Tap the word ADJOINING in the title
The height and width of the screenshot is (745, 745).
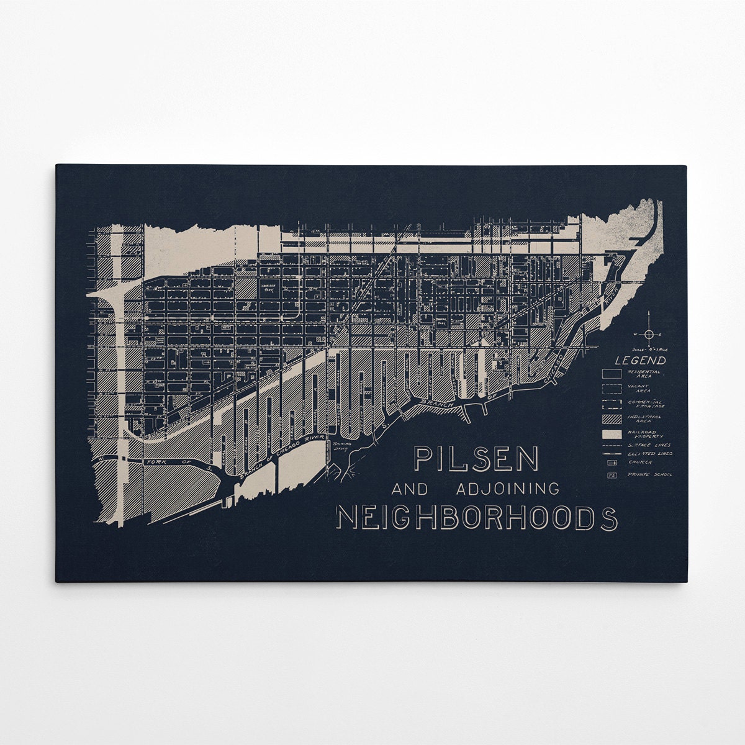[x=507, y=489]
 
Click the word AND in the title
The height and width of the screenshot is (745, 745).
[x=410, y=489]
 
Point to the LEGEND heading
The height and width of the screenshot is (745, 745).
[x=640, y=360]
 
